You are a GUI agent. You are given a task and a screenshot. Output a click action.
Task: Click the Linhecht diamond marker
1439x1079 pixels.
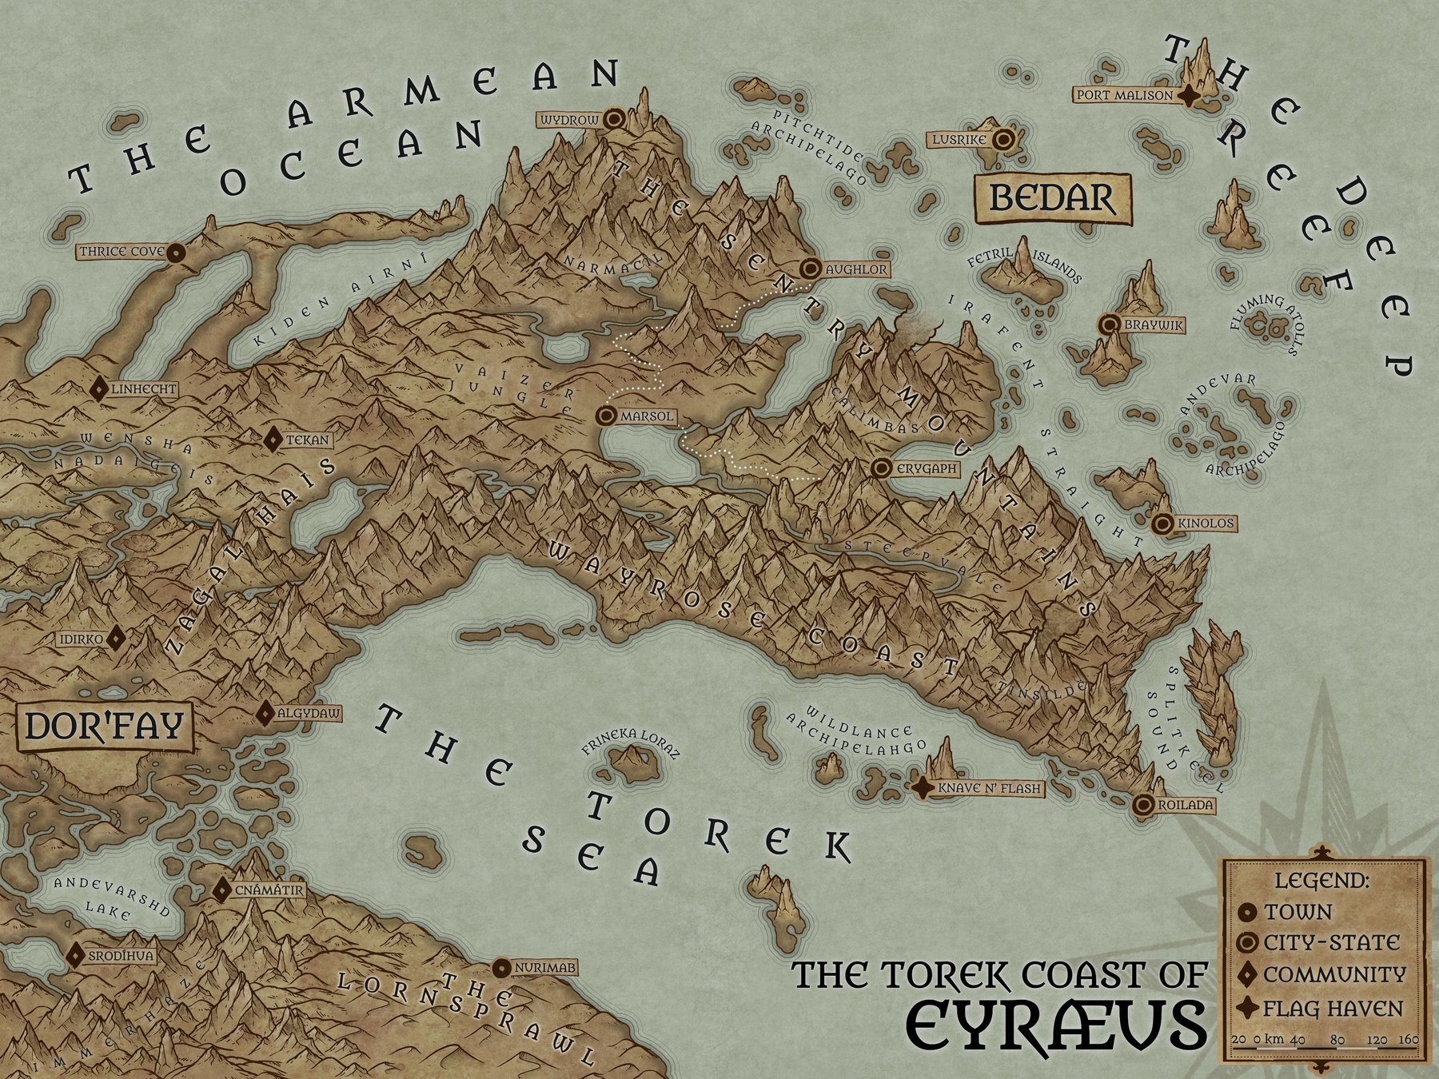tap(99, 389)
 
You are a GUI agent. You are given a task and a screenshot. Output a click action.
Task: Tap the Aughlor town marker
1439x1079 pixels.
tap(811, 269)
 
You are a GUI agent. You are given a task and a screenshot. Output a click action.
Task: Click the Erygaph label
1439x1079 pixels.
tap(925, 469)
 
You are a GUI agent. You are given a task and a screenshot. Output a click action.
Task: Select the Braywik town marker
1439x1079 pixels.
tap(1109, 325)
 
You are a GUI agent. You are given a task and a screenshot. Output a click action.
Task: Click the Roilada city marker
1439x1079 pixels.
tap(1143, 805)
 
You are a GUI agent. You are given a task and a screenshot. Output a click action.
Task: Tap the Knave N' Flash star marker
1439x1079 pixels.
tap(923, 789)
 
